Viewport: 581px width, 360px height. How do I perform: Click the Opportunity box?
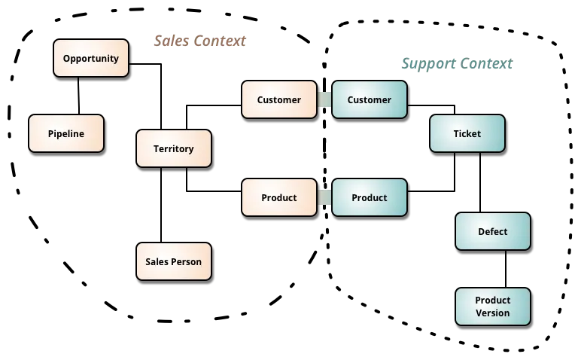(x=91, y=58)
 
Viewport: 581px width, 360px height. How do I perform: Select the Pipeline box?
(x=66, y=133)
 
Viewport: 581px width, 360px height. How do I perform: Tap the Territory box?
(x=173, y=148)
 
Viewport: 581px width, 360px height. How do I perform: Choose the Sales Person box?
(x=173, y=261)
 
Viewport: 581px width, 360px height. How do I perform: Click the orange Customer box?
(x=278, y=99)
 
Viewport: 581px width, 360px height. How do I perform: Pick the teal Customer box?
(x=369, y=99)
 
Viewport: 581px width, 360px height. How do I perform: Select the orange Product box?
(x=278, y=197)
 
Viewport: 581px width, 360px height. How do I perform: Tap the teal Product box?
(x=369, y=197)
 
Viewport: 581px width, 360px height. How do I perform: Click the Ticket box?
(x=467, y=133)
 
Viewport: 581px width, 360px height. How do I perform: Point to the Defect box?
(x=492, y=231)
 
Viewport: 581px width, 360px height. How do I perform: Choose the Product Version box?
(x=492, y=307)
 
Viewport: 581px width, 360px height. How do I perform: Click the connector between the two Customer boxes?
(x=324, y=99)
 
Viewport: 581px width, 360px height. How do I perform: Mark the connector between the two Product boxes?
(x=324, y=197)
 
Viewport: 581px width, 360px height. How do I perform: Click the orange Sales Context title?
(x=199, y=40)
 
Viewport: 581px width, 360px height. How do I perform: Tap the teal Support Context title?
(x=455, y=64)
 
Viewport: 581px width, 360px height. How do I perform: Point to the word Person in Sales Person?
(x=187, y=261)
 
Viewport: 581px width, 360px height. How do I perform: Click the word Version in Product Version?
(x=492, y=313)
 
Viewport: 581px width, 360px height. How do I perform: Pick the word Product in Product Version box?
(x=492, y=301)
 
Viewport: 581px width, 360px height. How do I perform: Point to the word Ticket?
(x=467, y=133)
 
